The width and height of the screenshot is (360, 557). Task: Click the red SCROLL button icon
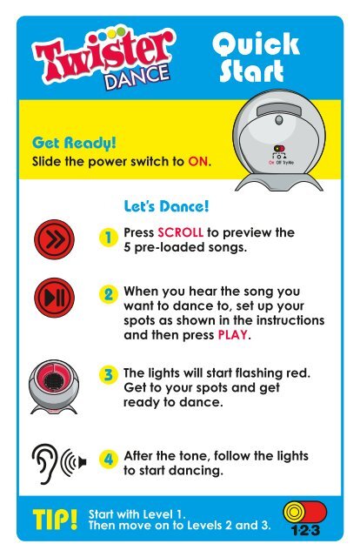point(54,239)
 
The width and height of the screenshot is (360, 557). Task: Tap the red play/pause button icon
point(54,298)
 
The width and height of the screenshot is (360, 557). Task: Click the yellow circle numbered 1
point(108,238)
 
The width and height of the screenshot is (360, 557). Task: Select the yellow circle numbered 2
point(108,294)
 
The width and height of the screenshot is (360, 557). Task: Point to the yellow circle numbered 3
point(108,374)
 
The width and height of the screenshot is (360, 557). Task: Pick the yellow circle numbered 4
point(108,459)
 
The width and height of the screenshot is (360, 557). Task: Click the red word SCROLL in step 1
point(180,232)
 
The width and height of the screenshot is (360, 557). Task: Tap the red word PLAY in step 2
point(232,335)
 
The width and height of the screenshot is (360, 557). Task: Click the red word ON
point(197,162)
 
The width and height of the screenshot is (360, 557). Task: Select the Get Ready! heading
point(74,143)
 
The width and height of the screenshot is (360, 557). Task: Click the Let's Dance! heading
point(166,206)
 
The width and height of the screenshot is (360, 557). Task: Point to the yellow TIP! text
point(55,520)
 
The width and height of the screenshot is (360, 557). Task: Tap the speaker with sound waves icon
point(74,462)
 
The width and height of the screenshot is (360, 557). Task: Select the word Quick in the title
point(256,44)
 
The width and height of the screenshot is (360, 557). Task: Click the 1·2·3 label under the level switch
point(305,530)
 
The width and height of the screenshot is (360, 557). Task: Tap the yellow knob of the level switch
point(294,512)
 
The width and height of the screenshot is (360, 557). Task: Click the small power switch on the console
point(279,149)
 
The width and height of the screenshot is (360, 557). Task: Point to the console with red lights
point(54,386)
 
